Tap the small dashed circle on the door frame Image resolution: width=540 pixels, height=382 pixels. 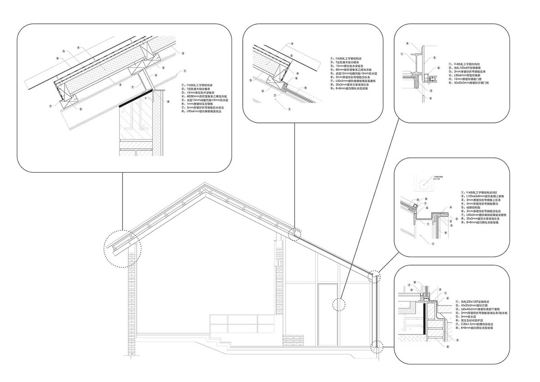pyautogui.click(x=337, y=305)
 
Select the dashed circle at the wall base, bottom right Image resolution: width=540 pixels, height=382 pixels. pyautogui.click(x=376, y=347)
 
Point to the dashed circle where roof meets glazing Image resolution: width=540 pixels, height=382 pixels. pyautogui.click(x=295, y=234)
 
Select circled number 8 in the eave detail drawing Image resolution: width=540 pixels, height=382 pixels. pyautogui.click(x=168, y=102)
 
